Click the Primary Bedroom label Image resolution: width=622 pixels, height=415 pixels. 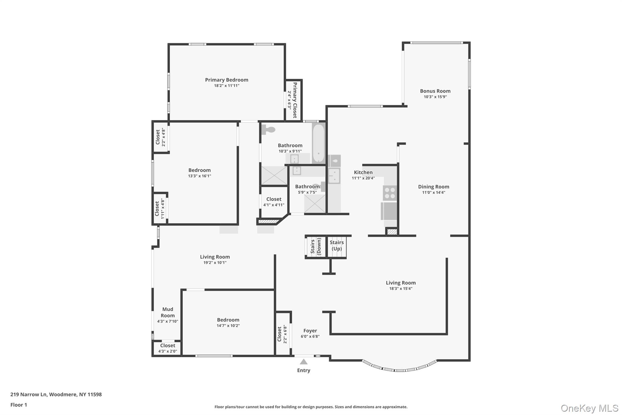tap(227, 80)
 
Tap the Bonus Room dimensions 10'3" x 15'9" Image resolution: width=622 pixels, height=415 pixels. tap(435, 97)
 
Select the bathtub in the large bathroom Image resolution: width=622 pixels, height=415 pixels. tap(319, 143)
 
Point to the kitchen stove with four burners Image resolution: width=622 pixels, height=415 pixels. tap(390, 193)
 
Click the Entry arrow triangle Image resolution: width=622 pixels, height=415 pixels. tap(304, 362)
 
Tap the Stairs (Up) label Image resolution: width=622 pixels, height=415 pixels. tap(337, 246)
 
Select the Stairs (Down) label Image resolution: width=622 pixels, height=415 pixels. tap(316, 246)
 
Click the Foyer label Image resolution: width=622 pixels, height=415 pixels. tap(310, 331)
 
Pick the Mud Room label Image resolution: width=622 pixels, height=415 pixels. tap(168, 313)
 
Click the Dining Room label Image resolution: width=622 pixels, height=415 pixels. tap(433, 187)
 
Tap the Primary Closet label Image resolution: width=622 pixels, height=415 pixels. tap(295, 100)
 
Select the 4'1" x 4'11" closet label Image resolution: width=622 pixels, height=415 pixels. tap(274, 199)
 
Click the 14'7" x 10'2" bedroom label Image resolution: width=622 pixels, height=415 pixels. tap(228, 320)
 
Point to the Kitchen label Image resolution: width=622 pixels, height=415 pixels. tap(363, 172)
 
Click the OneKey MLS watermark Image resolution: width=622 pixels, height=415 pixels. tap(589, 408)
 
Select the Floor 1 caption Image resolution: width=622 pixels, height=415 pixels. tap(19, 405)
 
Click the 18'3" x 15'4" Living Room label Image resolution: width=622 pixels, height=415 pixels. tap(401, 283)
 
